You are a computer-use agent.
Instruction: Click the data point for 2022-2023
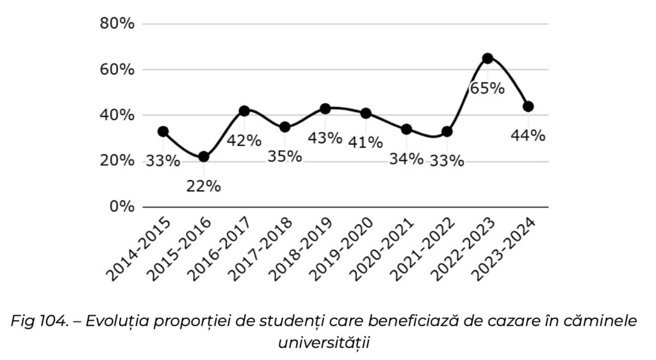(488, 58)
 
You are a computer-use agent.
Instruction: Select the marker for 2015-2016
(204, 157)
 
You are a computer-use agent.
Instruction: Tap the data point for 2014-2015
(163, 131)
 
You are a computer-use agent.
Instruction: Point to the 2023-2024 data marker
(529, 106)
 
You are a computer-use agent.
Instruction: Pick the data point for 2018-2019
(325, 109)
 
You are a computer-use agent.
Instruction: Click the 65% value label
(488, 88)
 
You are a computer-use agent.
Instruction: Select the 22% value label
(204, 186)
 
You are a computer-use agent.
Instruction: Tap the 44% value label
(529, 136)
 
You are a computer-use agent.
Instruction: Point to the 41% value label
(366, 142)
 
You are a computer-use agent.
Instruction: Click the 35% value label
(284, 156)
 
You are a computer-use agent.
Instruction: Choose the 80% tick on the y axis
(118, 24)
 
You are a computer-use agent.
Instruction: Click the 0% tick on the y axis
(122, 207)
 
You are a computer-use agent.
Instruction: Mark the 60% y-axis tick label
(118, 70)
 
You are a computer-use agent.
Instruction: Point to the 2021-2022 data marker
(447, 132)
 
